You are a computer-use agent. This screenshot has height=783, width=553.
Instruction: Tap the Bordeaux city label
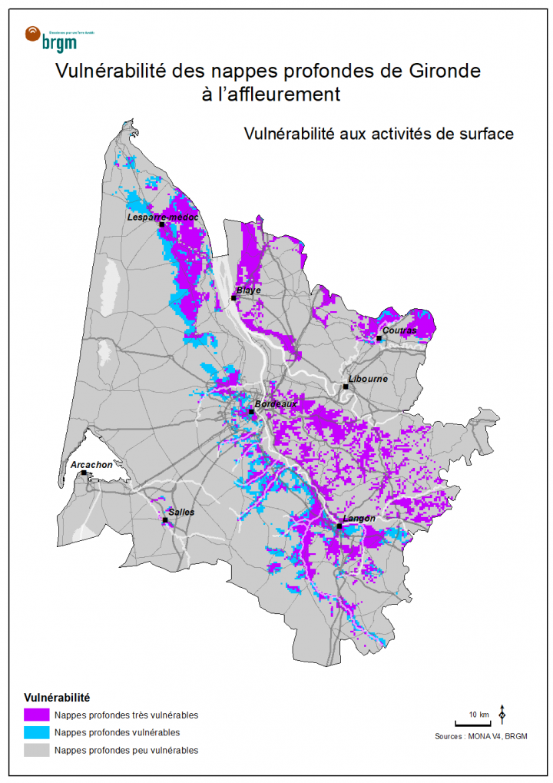tap(274, 403)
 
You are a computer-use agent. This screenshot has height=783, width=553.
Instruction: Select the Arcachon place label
tap(91, 465)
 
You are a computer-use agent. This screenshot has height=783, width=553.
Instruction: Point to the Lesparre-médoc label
tap(162, 217)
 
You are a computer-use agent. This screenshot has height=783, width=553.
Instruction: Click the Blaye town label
tap(248, 290)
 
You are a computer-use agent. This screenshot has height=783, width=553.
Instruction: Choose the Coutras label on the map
tap(399, 330)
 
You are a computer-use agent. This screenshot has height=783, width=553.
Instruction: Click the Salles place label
tap(181, 513)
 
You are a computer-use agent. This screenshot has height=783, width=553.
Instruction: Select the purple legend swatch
tap(36, 715)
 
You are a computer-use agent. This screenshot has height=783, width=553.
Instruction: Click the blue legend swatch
tap(36, 732)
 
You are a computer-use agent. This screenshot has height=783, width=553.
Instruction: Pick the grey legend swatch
tap(36, 750)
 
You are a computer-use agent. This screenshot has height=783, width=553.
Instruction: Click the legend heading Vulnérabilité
tap(58, 698)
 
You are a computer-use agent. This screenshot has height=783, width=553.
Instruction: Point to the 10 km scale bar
tap(472, 723)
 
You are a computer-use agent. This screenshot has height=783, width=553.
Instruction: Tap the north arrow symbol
tap(502, 714)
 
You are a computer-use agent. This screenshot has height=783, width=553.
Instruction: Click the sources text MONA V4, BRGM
tap(481, 736)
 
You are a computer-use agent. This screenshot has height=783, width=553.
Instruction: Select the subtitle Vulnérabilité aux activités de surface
tap(378, 134)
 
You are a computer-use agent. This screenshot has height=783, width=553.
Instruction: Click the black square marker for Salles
tap(164, 521)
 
